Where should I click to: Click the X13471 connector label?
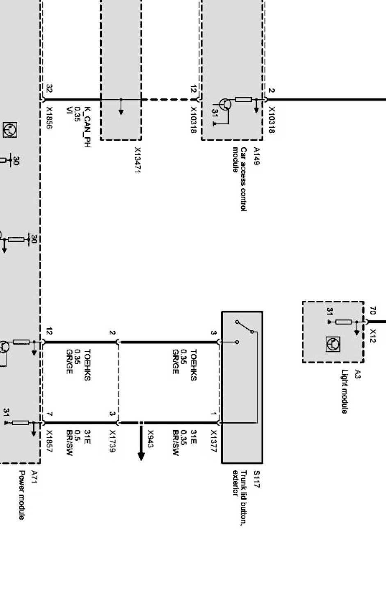[x=137, y=160]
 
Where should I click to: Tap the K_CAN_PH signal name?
[x=87, y=127]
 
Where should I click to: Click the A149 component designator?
[x=256, y=156]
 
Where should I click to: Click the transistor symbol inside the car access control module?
[x=224, y=104]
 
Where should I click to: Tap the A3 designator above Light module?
[x=358, y=374]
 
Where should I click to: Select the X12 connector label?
[x=373, y=336]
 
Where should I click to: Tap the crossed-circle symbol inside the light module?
[x=333, y=343]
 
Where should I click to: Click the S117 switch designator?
[x=256, y=479]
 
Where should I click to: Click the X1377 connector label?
[x=213, y=441]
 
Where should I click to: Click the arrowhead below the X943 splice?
[x=141, y=456]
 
